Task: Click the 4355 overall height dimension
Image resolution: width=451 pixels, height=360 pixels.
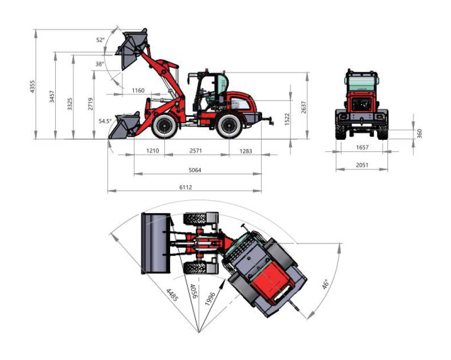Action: [x=33, y=87]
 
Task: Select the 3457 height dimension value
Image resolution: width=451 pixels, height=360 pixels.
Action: [x=52, y=96]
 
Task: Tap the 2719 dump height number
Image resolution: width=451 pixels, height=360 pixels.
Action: [x=90, y=104]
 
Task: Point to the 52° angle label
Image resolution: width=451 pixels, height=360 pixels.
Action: [x=101, y=40]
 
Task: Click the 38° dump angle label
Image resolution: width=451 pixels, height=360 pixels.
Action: [x=100, y=64]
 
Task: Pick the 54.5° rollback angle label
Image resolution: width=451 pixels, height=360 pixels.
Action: [x=105, y=121]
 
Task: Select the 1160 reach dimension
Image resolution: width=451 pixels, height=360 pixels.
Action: [x=138, y=90]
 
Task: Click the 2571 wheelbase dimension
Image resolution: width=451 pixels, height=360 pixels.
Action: [x=196, y=150]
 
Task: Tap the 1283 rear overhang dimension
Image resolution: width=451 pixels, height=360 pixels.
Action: [x=246, y=150]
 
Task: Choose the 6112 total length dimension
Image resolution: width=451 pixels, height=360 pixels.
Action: [x=186, y=187]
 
